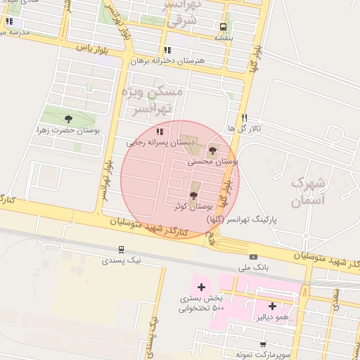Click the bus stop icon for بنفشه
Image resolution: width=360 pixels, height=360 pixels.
(x=223, y=27)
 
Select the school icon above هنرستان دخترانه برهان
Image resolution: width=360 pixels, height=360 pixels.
(x=167, y=50)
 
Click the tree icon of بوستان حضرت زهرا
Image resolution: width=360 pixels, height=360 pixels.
(x=67, y=119)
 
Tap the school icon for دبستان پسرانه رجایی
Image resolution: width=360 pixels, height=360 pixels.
(x=160, y=131)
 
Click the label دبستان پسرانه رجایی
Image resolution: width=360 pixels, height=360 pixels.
(x=155, y=142)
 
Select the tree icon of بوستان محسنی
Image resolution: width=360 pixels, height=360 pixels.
(x=213, y=150)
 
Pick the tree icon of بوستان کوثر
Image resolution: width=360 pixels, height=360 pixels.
(x=193, y=195)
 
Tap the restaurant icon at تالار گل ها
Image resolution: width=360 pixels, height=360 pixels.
(x=244, y=118)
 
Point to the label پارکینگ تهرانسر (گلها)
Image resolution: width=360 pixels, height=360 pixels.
(x=242, y=219)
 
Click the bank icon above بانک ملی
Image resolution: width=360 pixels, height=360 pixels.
(x=253, y=257)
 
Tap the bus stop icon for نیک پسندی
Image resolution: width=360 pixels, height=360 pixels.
(x=121, y=249)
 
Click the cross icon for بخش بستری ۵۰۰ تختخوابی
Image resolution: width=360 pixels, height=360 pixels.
(x=201, y=287)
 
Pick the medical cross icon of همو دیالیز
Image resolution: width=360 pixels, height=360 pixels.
(x=272, y=306)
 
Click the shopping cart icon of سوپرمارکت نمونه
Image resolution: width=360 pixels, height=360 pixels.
(x=262, y=344)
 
